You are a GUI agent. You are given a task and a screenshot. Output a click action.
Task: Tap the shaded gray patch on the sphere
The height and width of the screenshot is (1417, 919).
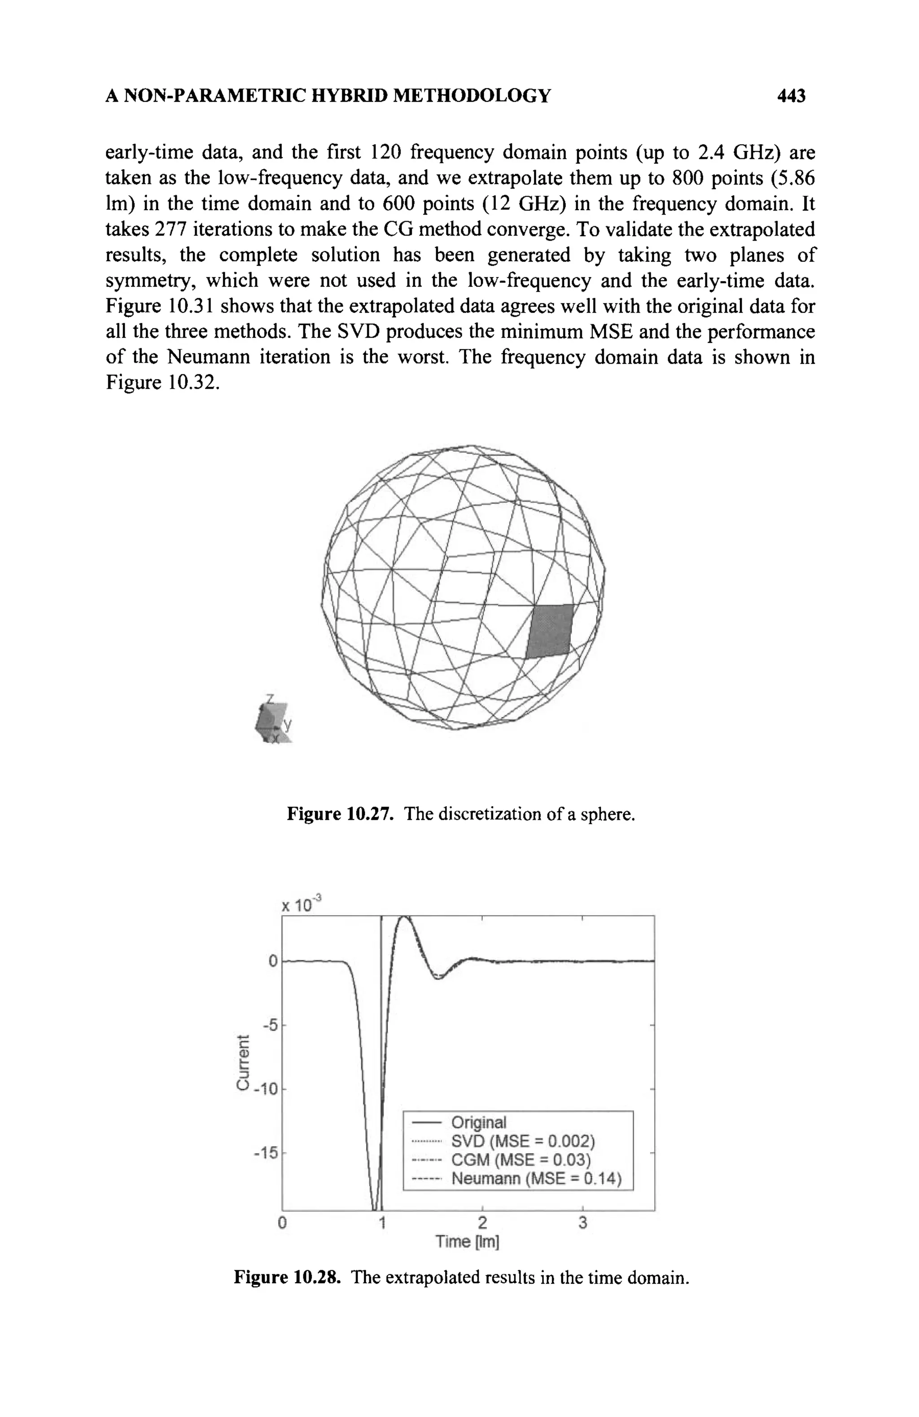coord(550,631)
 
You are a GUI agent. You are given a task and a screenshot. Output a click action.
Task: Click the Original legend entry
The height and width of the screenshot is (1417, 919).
coord(478,1122)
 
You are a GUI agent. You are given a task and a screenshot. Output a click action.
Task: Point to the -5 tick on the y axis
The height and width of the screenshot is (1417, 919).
coord(271,1025)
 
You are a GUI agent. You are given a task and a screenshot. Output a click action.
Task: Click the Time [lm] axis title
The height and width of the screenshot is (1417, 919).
coord(467,1242)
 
